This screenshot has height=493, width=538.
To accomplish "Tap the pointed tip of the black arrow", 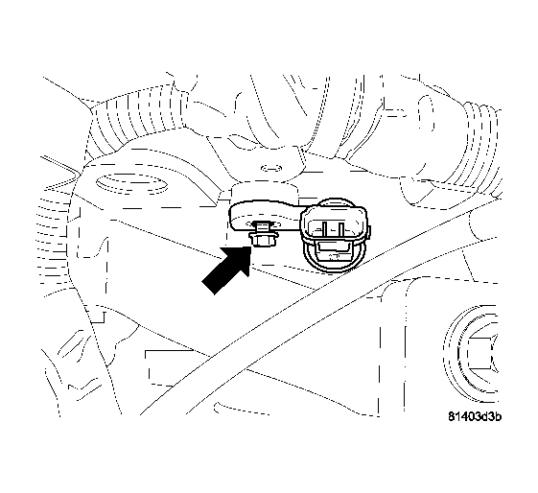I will click(249, 246).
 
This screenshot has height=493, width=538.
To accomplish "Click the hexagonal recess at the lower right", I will click(480, 350).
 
